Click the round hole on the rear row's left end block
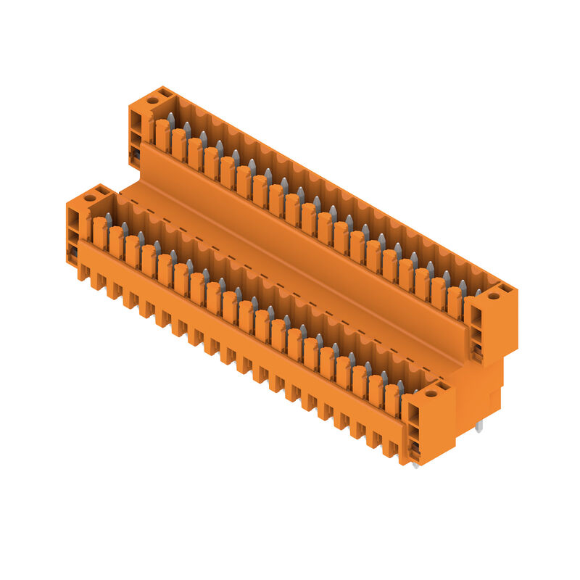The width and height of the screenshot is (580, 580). [153, 100]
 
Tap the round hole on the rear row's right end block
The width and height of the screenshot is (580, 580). [493, 296]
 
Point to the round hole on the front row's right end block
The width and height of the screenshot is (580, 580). [430, 394]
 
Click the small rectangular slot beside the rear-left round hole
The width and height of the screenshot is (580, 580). [165, 94]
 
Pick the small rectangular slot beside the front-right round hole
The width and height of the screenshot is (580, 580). [442, 387]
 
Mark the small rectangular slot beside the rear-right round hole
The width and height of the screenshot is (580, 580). [505, 289]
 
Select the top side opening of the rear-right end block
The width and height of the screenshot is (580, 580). [476, 316]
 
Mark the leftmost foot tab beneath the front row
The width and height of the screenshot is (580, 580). [83, 272]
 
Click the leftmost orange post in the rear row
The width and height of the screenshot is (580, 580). [162, 135]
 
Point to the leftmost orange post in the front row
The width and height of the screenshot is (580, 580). [100, 232]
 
